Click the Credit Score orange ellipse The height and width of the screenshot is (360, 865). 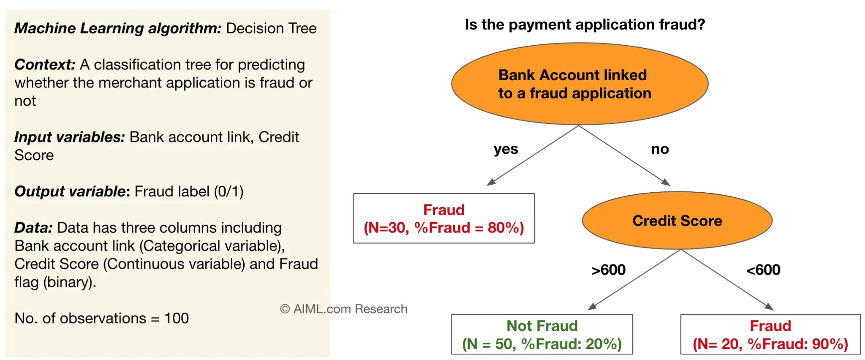pos(677,221)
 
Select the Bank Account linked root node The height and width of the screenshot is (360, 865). pos(579,84)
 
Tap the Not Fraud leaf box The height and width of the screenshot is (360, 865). pos(542,334)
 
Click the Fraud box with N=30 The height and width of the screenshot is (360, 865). pos(443,218)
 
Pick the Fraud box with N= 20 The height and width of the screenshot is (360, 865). pos(770,334)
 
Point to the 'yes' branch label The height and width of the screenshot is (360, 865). pos(506,149)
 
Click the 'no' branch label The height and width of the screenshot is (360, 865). pos(660,149)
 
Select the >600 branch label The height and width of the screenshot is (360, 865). pos(608,270)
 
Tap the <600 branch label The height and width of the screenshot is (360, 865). pos(763,270)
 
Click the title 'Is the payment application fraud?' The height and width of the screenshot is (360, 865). pos(585,25)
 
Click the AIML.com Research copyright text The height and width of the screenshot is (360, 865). pos(343,309)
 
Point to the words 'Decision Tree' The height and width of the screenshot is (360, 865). pos(271,28)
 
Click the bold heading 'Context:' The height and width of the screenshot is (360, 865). pos(45,65)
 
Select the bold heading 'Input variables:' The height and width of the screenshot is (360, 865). pos(69,137)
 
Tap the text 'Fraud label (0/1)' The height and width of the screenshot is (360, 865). pos(189,191)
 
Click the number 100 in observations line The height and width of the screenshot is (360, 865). pos(177,318)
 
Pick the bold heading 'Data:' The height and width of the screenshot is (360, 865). pos(33,228)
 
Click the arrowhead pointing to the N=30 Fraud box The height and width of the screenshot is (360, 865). pos(491,182)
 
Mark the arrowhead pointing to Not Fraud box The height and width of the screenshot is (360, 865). pos(592,306)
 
